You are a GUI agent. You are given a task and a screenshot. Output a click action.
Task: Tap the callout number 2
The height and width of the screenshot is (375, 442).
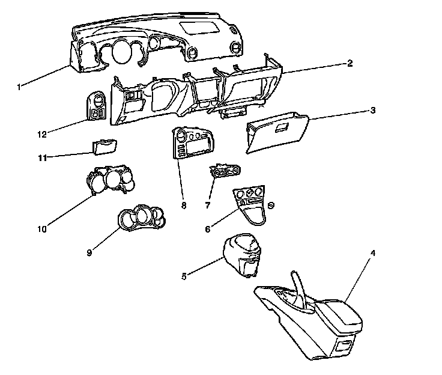point(350,63)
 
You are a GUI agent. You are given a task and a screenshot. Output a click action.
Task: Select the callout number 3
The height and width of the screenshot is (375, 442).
point(373,111)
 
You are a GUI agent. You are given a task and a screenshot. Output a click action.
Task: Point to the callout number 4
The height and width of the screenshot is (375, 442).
point(373,253)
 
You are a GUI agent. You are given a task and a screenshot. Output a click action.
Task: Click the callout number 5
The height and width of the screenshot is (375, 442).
point(184,276)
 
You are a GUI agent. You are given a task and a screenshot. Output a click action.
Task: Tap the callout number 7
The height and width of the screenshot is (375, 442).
point(208,206)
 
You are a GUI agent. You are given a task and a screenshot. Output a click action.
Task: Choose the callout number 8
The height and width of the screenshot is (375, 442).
point(184,206)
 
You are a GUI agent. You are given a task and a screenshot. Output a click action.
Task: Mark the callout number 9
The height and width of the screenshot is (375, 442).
point(89,252)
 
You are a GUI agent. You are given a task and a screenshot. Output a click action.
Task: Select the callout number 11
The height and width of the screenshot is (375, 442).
point(41,158)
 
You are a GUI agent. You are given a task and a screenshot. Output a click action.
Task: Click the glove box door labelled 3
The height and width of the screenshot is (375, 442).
point(276,133)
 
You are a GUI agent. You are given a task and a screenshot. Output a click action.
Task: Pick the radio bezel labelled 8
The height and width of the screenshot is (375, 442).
point(192,144)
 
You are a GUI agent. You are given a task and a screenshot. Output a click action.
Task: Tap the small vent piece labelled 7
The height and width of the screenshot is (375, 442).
point(227,172)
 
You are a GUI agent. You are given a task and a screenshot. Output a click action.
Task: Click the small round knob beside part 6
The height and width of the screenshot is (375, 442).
point(271,206)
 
